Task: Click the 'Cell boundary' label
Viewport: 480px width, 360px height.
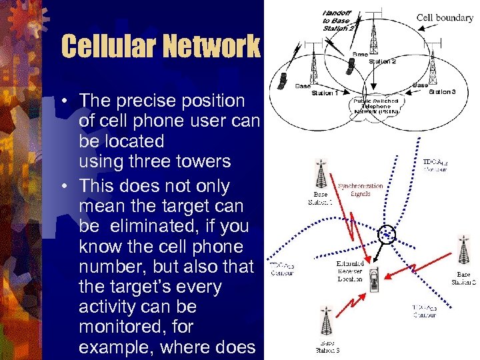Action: click(445, 18)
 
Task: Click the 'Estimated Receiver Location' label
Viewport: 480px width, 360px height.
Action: click(350, 271)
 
